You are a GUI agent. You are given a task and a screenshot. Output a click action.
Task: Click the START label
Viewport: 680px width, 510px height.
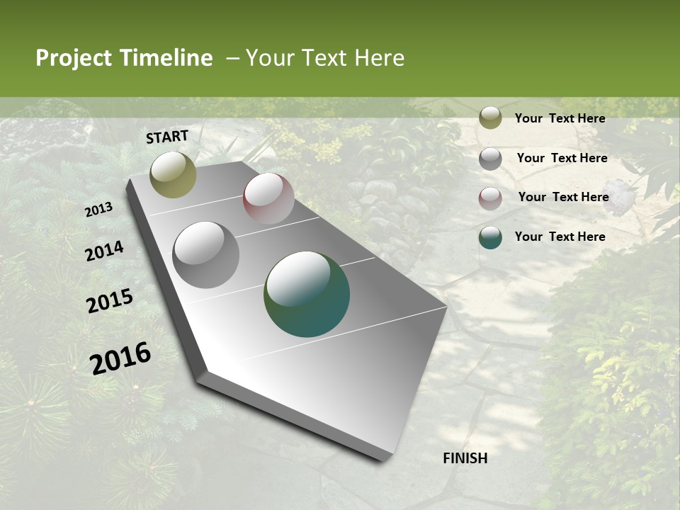pos(167,137)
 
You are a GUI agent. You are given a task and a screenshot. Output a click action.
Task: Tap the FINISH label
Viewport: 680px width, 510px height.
pos(465,458)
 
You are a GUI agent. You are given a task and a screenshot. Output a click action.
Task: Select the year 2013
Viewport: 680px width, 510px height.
pos(98,210)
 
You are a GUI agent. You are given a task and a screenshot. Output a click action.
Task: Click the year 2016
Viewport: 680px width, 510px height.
pos(120,358)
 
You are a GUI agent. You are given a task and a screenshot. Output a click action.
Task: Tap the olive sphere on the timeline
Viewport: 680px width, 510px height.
pos(173,174)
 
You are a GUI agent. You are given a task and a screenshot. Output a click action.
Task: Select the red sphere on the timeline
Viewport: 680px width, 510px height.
pos(268,198)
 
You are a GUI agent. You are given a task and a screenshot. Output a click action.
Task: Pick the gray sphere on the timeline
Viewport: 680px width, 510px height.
pos(206,254)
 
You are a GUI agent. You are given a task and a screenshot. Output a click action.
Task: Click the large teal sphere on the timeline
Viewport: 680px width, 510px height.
pos(307,294)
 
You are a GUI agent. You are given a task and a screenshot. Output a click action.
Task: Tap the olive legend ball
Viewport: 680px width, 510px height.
pos(490,118)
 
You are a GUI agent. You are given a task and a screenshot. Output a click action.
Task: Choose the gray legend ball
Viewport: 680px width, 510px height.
pos(490,159)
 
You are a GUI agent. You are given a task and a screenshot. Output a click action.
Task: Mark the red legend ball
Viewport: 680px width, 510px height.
pos(490,198)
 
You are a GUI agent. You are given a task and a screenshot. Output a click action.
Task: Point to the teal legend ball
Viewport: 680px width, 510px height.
pos(490,237)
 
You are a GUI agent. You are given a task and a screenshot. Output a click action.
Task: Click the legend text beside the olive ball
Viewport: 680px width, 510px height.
pos(560,118)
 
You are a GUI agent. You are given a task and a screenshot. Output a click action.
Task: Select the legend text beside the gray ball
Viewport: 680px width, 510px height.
pos(562,158)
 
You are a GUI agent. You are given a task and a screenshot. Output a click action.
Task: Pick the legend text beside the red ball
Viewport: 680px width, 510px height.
pos(563,197)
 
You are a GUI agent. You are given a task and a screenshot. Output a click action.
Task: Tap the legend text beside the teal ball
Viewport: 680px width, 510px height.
pos(560,237)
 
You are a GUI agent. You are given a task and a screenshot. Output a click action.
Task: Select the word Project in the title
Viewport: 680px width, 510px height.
pos(74,58)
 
